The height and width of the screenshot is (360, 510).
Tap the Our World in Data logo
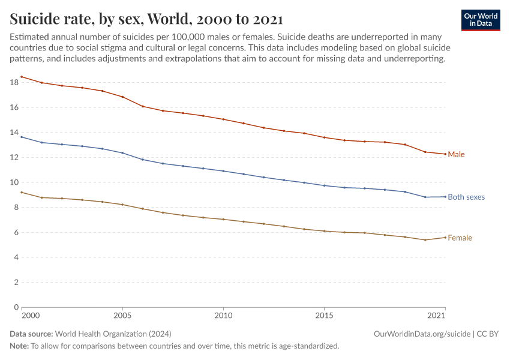(480, 20)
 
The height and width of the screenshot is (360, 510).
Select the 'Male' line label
(456, 154)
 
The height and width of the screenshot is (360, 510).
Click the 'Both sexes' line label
(466, 197)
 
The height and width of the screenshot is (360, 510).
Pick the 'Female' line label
(460, 238)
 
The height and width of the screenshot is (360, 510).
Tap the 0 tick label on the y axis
(15, 307)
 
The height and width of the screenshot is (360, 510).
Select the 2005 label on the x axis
(122, 315)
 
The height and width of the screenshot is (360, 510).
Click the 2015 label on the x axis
(325, 315)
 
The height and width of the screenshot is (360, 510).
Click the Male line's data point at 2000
(22, 77)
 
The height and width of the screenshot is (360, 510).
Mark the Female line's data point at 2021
(445, 238)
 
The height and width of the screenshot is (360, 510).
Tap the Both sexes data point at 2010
(223, 171)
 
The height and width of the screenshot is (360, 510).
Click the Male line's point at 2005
(122, 97)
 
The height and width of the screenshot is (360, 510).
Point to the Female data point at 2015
(325, 231)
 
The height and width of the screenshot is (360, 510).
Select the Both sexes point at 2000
(22, 137)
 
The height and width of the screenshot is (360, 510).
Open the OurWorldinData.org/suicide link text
(422, 334)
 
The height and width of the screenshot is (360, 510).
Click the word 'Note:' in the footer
(19, 346)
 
